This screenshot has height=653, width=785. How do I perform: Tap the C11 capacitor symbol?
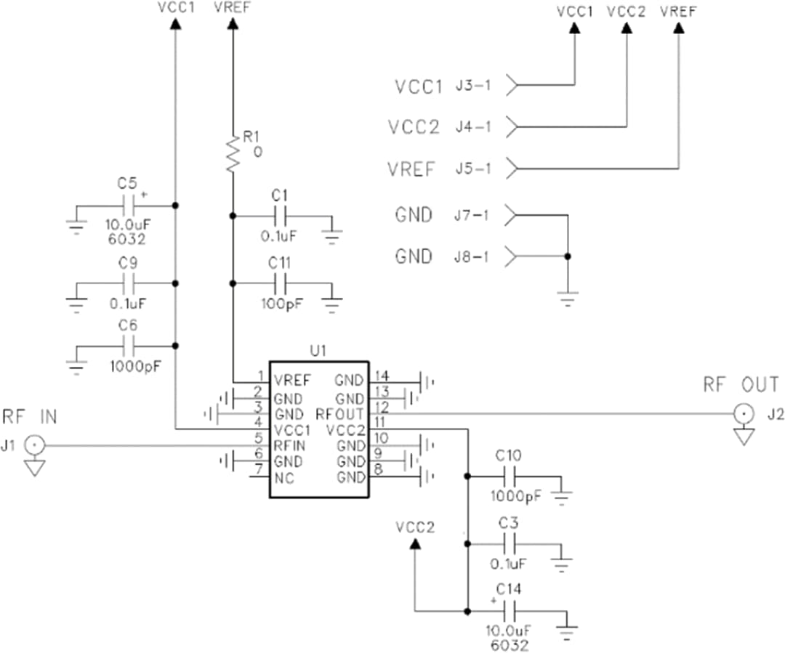281,283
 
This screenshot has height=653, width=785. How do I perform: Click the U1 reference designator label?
318,351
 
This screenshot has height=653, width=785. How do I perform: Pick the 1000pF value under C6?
132,366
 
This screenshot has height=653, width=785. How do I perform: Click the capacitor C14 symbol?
512,609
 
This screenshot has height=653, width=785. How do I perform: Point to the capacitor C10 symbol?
512,477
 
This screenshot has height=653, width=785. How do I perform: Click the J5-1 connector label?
473,169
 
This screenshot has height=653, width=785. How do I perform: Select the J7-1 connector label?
473,216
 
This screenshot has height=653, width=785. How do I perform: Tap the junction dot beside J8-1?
568,256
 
